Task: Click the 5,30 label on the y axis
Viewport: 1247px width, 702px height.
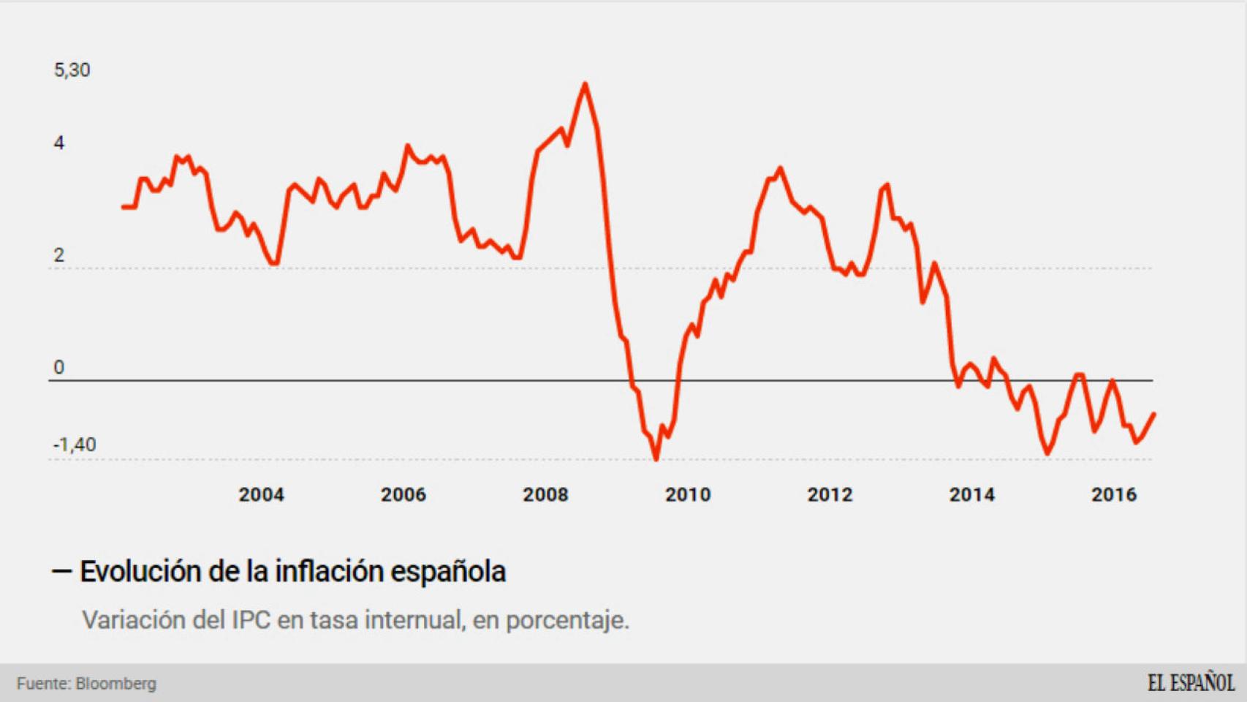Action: click(x=72, y=70)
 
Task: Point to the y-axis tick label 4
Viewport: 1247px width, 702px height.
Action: click(x=59, y=143)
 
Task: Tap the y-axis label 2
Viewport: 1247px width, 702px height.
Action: click(x=59, y=255)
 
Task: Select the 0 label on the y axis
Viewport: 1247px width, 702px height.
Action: click(x=59, y=368)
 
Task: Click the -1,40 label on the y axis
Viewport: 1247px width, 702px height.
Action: click(x=75, y=445)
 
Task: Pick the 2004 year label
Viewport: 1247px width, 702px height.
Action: click(x=261, y=495)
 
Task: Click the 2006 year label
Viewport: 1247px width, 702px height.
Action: click(x=403, y=495)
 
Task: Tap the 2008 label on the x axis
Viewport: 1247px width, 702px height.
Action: click(x=545, y=495)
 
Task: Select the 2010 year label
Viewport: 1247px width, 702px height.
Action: click(x=687, y=495)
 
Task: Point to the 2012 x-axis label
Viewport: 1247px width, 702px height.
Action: click(x=830, y=495)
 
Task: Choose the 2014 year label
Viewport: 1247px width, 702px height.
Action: click(x=971, y=495)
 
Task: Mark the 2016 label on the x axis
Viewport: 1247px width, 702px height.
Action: click(x=1114, y=495)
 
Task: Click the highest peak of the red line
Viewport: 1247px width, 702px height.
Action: click(x=585, y=85)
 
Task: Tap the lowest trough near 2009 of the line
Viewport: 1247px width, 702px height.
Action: click(x=656, y=458)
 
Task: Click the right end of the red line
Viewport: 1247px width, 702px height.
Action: click(x=1153, y=415)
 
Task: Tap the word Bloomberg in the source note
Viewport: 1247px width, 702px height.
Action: click(x=115, y=684)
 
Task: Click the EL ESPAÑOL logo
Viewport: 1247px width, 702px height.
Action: click(x=1191, y=683)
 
